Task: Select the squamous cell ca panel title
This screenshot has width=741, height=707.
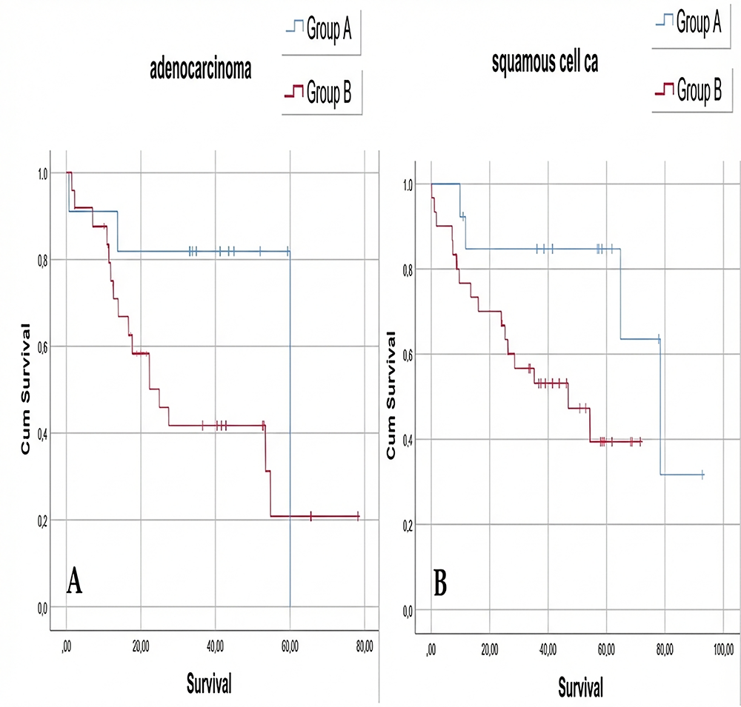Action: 545,64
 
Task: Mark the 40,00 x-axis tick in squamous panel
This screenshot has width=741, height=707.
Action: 548,650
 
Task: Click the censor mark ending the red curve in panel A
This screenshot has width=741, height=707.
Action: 358,515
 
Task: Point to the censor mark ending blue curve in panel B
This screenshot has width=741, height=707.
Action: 702,475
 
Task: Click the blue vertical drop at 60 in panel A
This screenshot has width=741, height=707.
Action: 290,444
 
